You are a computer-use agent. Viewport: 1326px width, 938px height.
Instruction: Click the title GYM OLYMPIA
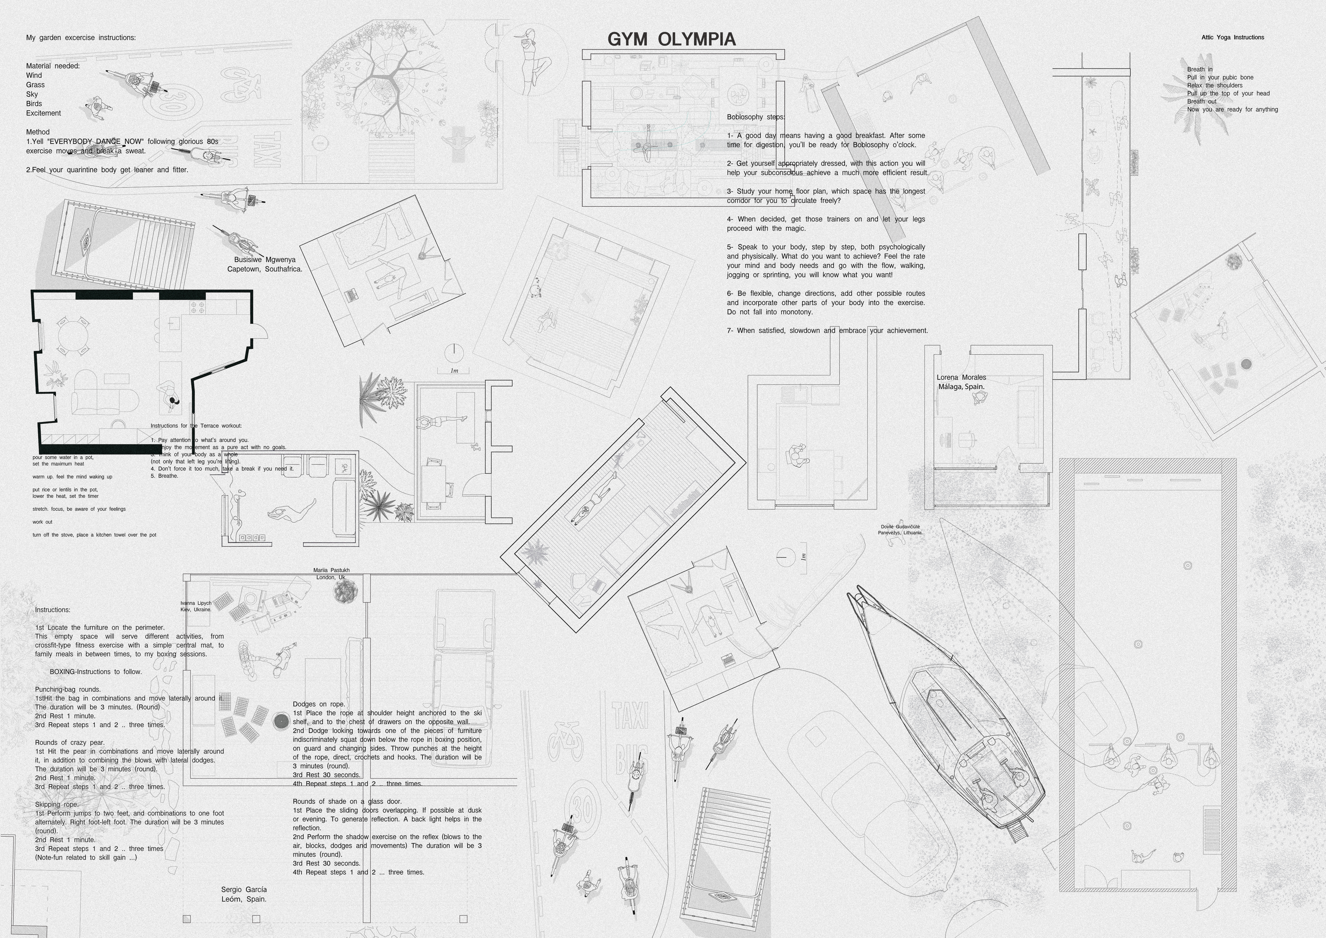point(671,39)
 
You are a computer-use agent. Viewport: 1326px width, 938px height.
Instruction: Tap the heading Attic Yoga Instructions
point(1232,37)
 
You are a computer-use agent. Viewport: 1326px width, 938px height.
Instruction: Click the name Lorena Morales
point(961,377)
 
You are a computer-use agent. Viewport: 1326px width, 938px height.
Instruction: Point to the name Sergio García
point(244,890)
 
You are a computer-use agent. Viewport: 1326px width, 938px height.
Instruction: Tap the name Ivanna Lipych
point(196,603)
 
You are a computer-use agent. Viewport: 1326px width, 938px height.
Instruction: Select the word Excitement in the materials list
point(43,113)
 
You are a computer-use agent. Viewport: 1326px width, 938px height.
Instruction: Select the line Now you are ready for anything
point(1232,109)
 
